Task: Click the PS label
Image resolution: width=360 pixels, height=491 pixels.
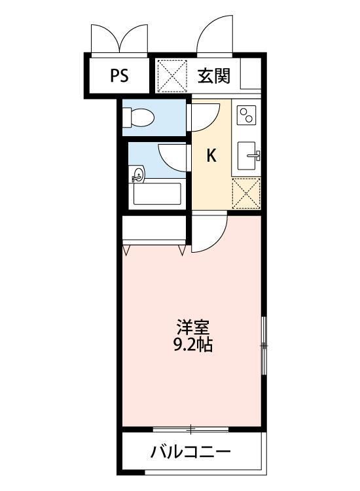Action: tap(119, 75)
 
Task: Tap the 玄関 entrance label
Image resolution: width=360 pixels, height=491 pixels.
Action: tap(214, 76)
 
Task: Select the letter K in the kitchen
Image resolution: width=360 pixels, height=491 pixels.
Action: tap(211, 156)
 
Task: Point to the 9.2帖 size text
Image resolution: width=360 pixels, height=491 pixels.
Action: tap(192, 345)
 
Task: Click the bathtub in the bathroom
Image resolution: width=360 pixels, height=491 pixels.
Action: tap(157, 194)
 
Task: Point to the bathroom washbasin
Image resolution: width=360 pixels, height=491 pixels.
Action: tap(137, 175)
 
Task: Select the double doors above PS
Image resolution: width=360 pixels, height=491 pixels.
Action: tap(120, 39)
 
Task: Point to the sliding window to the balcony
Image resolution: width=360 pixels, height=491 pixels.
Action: tap(191, 429)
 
